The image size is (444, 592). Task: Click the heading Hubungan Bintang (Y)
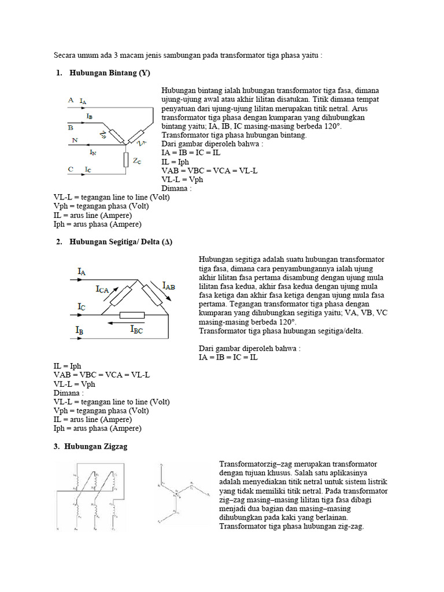109,73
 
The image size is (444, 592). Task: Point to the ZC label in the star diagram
137,162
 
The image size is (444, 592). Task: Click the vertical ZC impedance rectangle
125,158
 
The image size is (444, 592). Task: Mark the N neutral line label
74,140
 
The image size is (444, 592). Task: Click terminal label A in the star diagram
71,100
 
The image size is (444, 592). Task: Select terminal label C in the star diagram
71,169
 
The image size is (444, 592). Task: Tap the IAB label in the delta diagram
169,285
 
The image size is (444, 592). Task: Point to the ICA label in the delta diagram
105,289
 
